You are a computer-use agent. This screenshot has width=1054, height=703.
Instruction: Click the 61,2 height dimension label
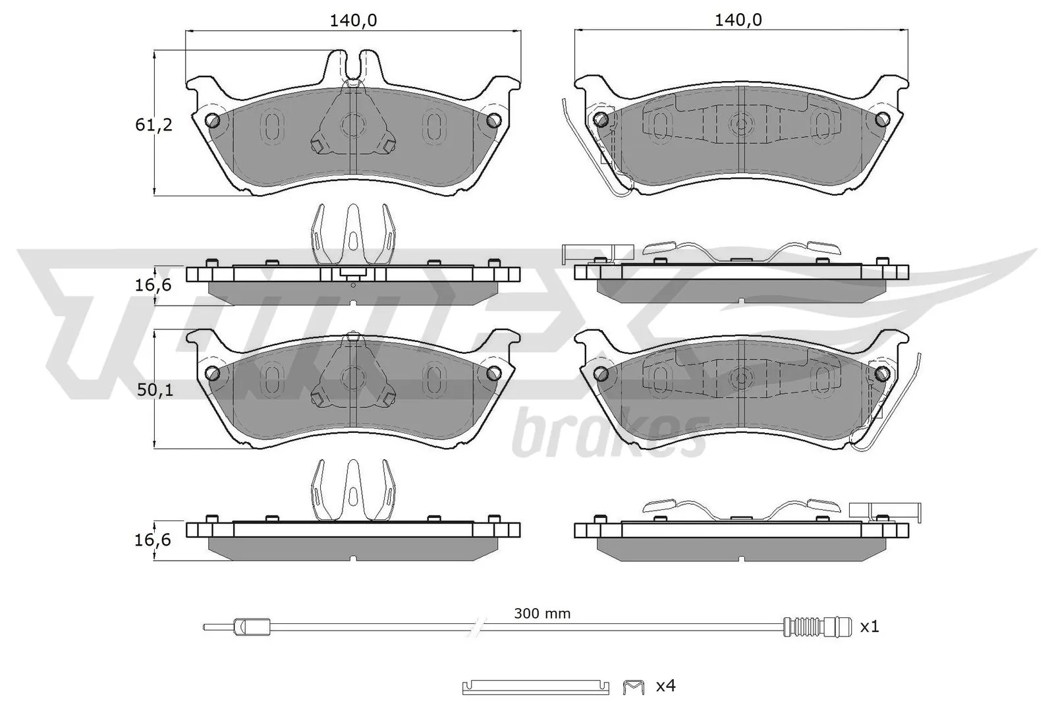pyautogui.click(x=154, y=125)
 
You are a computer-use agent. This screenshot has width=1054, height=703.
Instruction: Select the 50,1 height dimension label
pyautogui.click(x=155, y=390)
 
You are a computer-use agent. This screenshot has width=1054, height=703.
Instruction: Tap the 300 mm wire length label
pyautogui.click(x=542, y=613)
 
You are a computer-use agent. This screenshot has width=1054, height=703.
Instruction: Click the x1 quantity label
pyautogui.click(x=870, y=627)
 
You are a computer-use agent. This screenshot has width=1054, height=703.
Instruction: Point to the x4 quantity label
pyautogui.click(x=666, y=686)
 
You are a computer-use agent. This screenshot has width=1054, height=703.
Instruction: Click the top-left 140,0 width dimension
pyautogui.click(x=353, y=20)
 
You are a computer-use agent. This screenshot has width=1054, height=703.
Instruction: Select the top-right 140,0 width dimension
pyautogui.click(x=738, y=20)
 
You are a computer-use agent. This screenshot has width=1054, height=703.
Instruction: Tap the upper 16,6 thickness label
pyautogui.click(x=153, y=285)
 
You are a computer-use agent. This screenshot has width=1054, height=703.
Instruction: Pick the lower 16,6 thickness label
pyautogui.click(x=153, y=540)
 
